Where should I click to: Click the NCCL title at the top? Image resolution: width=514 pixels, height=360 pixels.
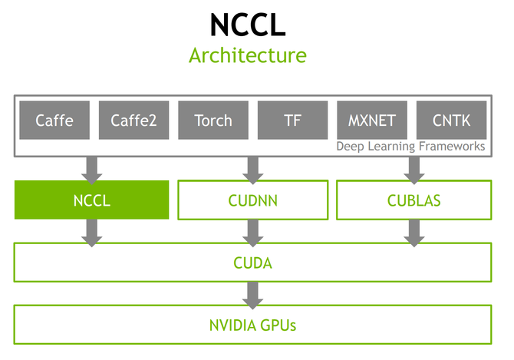[248, 25]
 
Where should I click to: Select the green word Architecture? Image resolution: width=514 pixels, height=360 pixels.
[248, 56]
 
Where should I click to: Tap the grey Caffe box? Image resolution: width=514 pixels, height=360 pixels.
[54, 120]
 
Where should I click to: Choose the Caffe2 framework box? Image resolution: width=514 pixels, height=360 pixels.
[133, 120]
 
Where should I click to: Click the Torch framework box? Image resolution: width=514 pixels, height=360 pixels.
[213, 120]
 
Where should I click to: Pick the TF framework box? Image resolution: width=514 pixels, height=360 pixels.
[292, 120]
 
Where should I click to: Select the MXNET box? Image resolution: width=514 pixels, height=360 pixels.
[372, 120]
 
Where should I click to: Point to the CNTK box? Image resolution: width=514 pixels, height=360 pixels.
[451, 120]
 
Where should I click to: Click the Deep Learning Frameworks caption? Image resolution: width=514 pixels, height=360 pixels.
[411, 146]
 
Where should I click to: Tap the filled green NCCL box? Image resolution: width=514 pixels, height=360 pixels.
[91, 200]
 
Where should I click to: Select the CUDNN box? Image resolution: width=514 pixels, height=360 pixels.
[252, 200]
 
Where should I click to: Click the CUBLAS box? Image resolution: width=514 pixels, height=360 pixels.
[414, 200]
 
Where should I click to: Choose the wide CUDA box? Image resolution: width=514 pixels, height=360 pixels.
[252, 263]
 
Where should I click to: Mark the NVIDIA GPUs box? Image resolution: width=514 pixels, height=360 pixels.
[252, 325]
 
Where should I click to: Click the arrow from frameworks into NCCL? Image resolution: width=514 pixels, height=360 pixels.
[92, 168]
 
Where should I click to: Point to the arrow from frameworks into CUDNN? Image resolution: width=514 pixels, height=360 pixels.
[252, 168]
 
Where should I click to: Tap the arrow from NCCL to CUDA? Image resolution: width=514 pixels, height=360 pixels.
[92, 232]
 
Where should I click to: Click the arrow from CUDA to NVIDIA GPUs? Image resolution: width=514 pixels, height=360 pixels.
[252, 293]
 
